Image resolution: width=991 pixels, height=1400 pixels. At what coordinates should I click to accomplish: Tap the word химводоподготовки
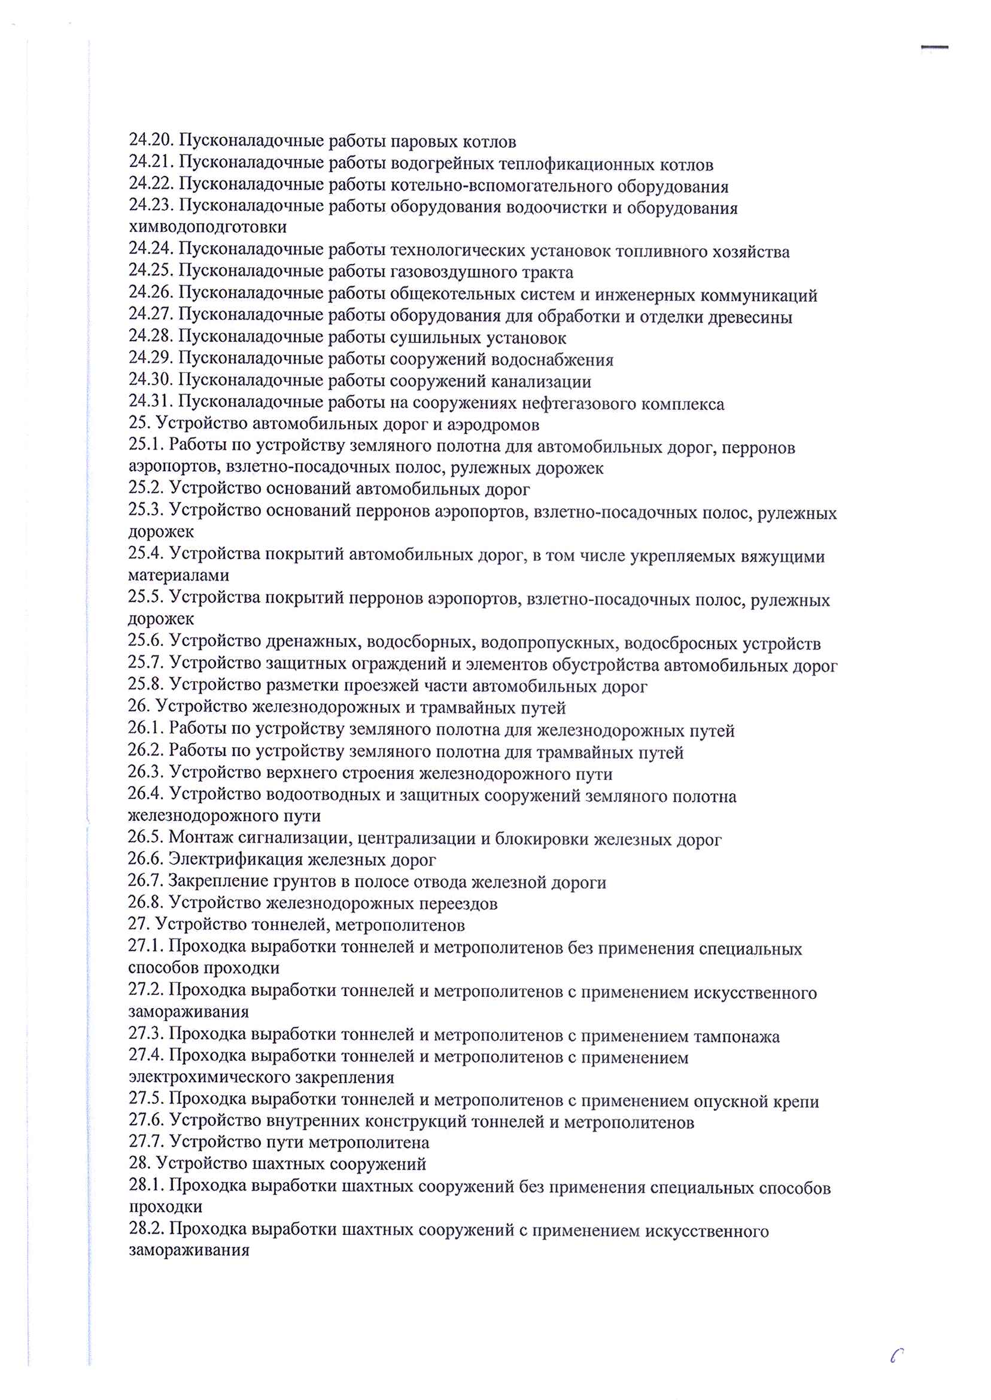(208, 227)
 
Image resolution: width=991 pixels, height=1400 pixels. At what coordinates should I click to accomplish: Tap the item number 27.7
(146, 1142)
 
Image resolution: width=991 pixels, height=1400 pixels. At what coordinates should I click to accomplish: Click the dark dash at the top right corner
(934, 47)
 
